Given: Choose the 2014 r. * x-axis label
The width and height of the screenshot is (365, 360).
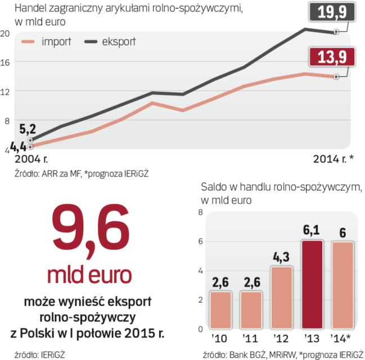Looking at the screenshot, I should (x=333, y=160).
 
